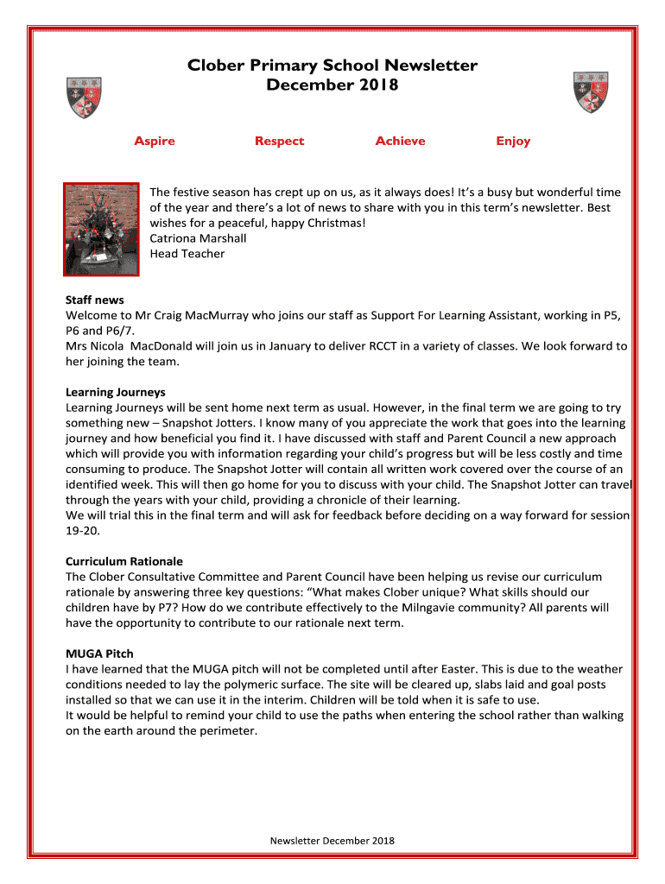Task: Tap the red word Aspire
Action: [x=155, y=141]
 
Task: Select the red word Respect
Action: [x=279, y=141]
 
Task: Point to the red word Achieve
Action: [x=400, y=141]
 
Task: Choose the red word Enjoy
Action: [x=513, y=141]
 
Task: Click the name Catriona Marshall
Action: [x=198, y=238]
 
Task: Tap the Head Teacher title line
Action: [x=187, y=254]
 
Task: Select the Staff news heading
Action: [x=95, y=300]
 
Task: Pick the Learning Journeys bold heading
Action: [x=116, y=392]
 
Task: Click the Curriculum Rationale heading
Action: [x=124, y=561]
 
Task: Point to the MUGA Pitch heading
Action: [x=99, y=654]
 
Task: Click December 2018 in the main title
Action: [x=332, y=85]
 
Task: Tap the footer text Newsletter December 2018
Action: [x=332, y=840]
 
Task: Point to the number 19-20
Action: [x=80, y=530]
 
